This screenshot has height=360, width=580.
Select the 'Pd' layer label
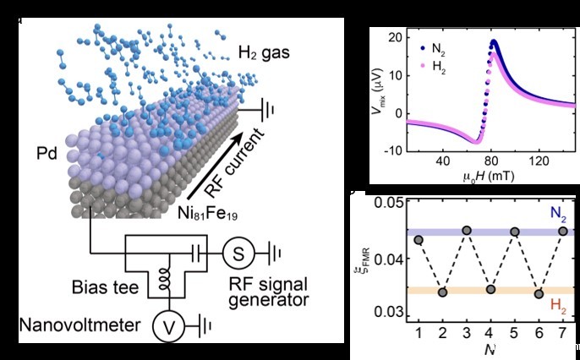(x=37, y=155)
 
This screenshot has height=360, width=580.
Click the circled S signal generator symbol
(x=238, y=251)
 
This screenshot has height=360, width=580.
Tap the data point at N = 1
(x=419, y=240)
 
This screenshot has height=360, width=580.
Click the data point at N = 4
(x=491, y=290)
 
